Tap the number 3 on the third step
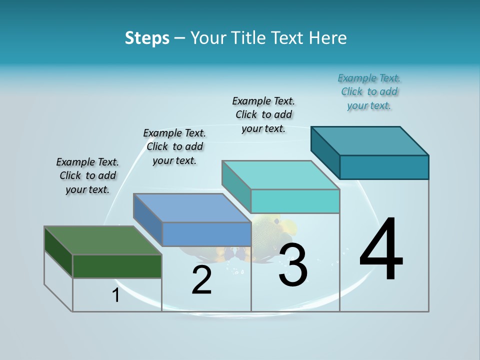[x=293, y=265]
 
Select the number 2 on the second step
[x=201, y=280]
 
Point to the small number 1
[x=116, y=295]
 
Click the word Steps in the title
[x=147, y=38]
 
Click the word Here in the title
[x=328, y=38]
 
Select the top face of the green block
[x=102, y=240]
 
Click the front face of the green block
[x=117, y=266]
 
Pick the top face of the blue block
[x=192, y=208]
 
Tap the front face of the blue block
[x=206, y=234]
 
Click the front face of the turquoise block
[x=295, y=201]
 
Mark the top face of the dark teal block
[x=370, y=140]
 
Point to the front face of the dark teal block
[x=384, y=167]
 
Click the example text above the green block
[x=87, y=175]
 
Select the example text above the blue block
[x=174, y=146]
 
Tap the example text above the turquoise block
[x=263, y=114]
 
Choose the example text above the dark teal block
[x=369, y=91]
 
